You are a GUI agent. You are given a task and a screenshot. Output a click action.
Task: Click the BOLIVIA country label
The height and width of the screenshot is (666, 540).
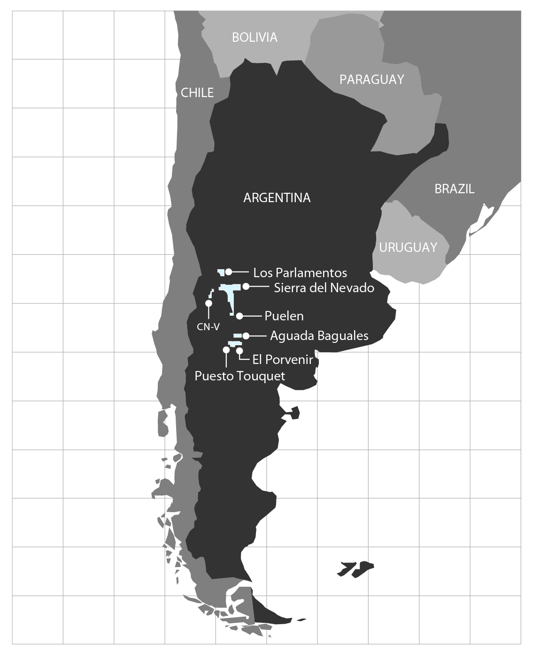255,37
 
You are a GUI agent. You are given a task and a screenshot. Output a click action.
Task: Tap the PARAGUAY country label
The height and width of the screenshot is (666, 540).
371,79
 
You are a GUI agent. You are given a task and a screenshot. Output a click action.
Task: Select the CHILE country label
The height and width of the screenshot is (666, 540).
197,93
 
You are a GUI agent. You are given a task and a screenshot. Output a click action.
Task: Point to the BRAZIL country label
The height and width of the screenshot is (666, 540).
454,189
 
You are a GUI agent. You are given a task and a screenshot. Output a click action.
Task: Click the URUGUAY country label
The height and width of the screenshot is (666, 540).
408,247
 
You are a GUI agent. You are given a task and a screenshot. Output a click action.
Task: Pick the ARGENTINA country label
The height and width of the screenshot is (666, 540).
277,198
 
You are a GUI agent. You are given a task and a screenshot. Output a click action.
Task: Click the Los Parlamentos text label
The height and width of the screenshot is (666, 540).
300,272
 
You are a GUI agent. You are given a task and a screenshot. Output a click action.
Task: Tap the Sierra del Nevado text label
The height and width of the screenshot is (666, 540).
324,288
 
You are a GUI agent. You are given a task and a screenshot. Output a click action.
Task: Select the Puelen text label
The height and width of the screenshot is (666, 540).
284,316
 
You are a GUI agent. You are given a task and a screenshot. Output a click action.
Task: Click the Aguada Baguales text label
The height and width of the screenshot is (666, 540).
319,336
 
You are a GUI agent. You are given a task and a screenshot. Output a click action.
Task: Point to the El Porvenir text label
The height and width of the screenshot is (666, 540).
283,360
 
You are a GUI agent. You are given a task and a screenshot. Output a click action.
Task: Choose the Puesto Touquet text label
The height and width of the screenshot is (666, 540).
239,376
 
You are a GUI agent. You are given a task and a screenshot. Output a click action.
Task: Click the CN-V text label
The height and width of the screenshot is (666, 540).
208,327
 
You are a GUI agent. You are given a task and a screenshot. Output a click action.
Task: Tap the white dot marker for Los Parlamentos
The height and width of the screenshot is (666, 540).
229,272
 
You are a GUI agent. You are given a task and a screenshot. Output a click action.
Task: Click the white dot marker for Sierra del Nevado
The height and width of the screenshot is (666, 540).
246,286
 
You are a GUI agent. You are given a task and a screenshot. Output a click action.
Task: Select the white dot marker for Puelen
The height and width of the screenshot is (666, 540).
239,316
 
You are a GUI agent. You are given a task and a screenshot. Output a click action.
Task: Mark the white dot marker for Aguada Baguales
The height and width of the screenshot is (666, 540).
246,336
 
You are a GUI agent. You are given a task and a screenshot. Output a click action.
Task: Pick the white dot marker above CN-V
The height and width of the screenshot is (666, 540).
208,303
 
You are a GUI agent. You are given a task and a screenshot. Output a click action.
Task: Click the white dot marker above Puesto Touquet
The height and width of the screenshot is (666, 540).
226,350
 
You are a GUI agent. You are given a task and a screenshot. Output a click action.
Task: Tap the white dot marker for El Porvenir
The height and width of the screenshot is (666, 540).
239,350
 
